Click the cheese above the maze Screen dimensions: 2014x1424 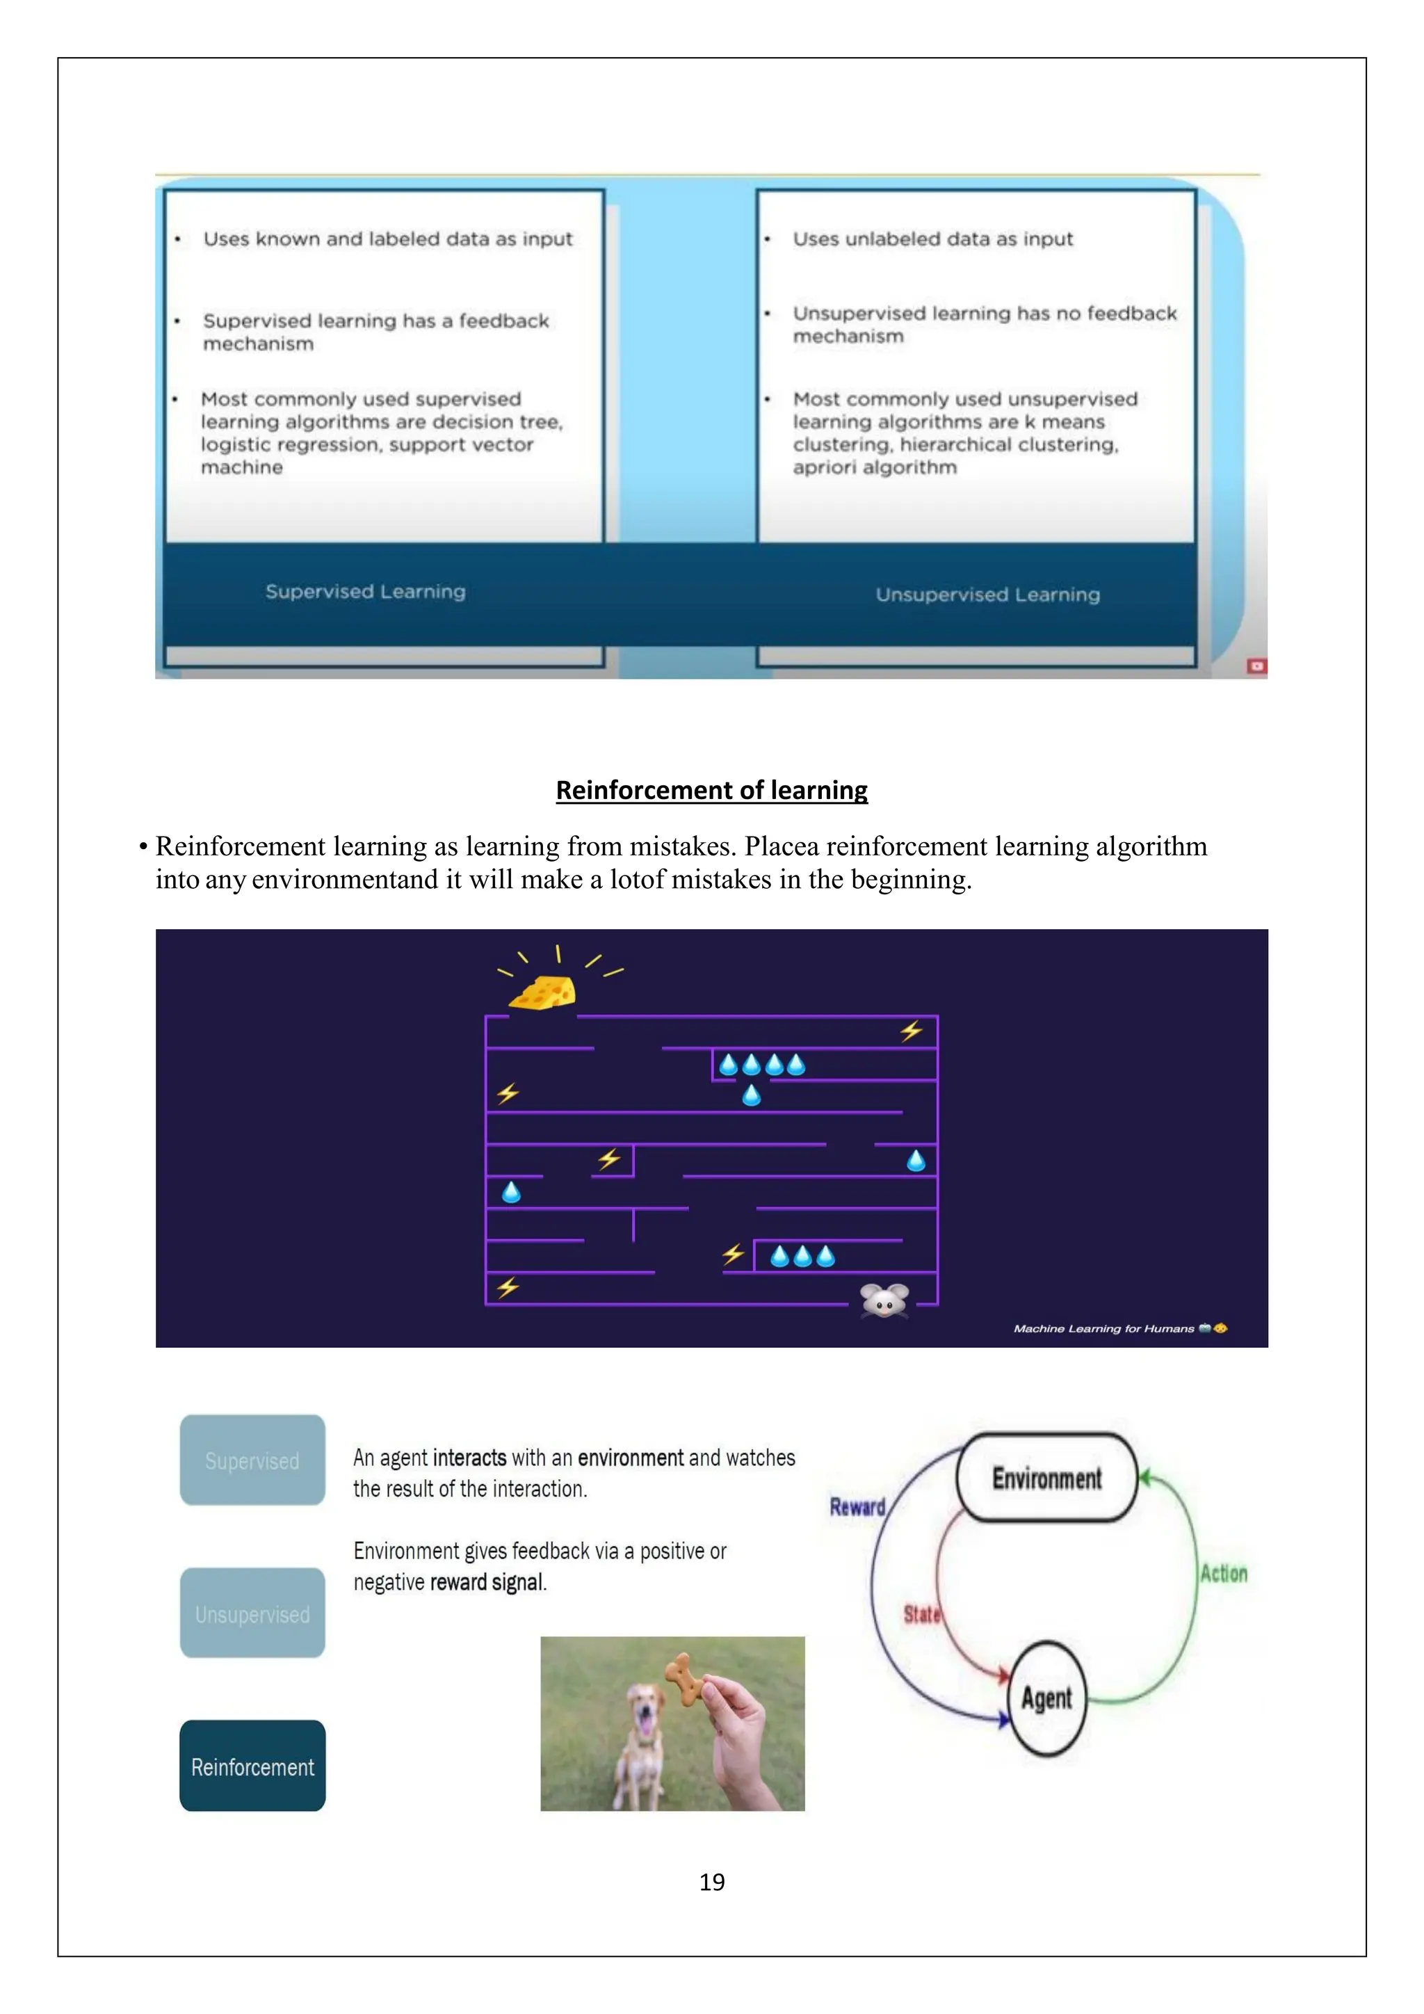click(x=544, y=993)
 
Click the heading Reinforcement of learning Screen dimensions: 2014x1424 click(x=711, y=790)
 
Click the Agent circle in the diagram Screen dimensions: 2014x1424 click(x=1047, y=1699)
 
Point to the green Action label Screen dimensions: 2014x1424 click(x=1223, y=1574)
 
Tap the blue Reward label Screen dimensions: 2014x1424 click(x=857, y=1507)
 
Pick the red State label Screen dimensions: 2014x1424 click(x=921, y=1614)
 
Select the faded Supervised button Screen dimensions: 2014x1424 click(x=252, y=1460)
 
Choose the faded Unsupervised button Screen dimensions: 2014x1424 click(x=252, y=1614)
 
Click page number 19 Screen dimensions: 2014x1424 click(x=712, y=1883)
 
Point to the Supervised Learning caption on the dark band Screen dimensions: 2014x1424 click(x=366, y=592)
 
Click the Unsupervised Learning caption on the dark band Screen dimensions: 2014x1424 click(x=987, y=595)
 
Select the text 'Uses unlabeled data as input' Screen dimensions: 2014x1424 click(x=932, y=239)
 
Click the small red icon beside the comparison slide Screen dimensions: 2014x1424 click(x=1256, y=667)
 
